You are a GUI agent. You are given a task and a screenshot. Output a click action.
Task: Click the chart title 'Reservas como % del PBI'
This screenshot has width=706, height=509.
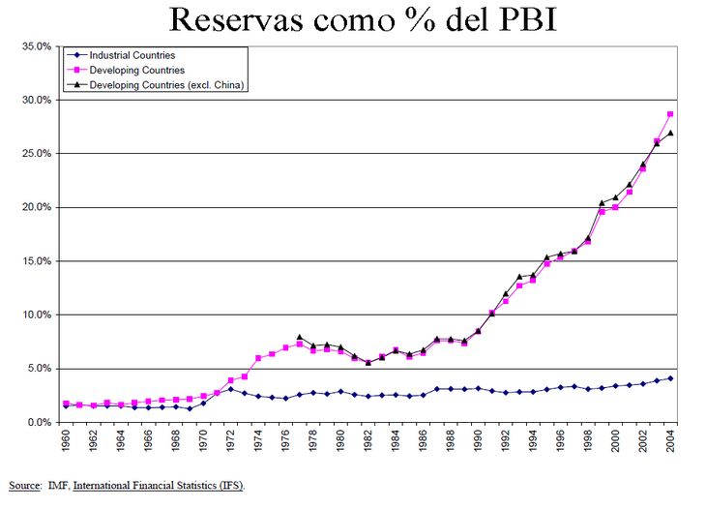[363, 19]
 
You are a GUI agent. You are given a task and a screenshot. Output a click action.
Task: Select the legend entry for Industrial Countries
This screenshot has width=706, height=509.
[132, 56]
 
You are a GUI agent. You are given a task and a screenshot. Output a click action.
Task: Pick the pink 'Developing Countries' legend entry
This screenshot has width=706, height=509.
[136, 71]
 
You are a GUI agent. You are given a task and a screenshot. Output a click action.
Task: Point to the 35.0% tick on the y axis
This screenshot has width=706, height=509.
[35, 46]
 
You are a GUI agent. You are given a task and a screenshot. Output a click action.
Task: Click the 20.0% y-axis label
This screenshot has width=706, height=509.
[35, 207]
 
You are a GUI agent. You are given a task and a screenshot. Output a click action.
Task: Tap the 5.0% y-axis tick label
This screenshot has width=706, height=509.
[38, 369]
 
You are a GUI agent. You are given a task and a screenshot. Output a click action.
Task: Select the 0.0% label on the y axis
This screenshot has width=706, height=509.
[38, 422]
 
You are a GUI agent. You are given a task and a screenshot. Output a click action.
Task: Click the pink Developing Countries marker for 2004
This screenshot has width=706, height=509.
[670, 114]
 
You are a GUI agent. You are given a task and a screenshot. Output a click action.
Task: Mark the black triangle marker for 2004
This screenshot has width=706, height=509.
[670, 134]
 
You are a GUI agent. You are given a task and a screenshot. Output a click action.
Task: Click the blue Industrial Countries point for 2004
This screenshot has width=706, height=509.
[670, 378]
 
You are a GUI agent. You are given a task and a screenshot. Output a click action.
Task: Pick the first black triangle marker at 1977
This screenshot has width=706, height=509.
[300, 337]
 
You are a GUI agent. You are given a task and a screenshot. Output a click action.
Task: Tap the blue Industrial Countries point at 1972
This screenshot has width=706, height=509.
[230, 389]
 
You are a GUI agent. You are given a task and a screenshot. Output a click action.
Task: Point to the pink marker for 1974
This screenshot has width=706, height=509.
[258, 358]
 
